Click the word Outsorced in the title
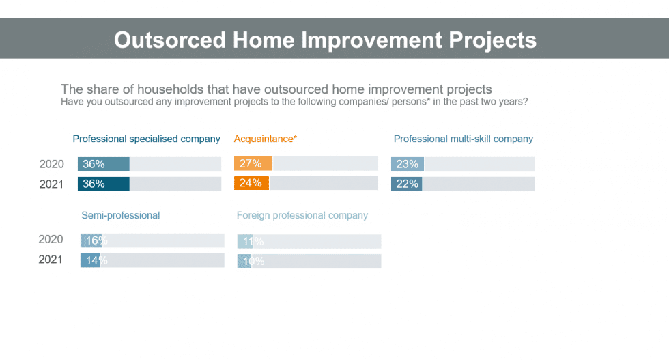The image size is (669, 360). pos(169,40)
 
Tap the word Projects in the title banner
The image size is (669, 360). pos(492,41)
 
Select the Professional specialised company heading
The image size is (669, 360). pos(146,139)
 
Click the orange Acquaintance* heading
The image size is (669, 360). pos(266,139)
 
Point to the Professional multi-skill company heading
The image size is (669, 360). pos(464,139)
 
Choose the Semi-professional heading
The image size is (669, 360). pos(121,215)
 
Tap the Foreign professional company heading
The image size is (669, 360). pos(302,215)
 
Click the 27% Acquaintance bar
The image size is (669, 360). pos(253,163)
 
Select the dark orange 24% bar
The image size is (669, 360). pos(251,183)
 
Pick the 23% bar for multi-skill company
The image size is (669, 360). pos(408,164)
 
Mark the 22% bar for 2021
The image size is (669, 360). pos(407,184)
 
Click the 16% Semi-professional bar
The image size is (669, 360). pos(91,240)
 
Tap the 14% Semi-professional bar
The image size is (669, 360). pos(90,260)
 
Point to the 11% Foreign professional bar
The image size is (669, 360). pos(245,241)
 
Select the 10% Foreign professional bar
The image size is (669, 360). pos(244,261)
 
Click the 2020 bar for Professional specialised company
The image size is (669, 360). pos(104,164)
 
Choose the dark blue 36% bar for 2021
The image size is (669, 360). pos(104,184)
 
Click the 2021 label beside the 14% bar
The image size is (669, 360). pos(51,260)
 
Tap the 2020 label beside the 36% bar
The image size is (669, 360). pos(52,164)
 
